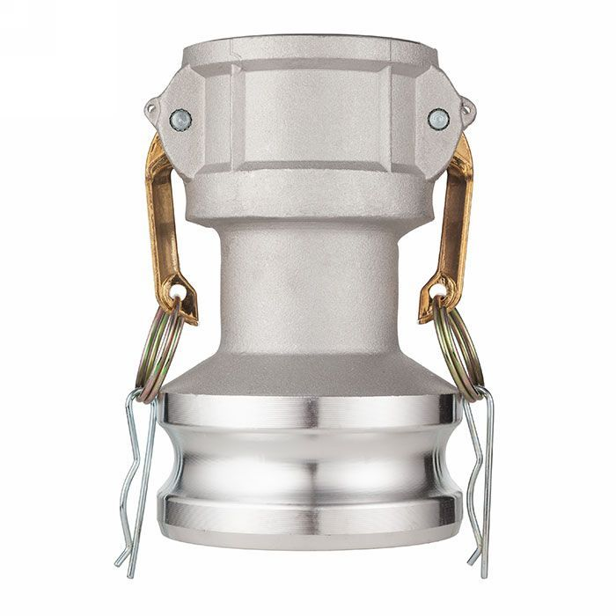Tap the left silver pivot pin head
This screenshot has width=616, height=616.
(x=180, y=117)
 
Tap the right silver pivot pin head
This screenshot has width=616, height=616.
(x=437, y=119)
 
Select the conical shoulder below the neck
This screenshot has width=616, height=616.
(x=308, y=370)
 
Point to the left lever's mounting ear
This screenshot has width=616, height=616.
(x=158, y=110)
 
